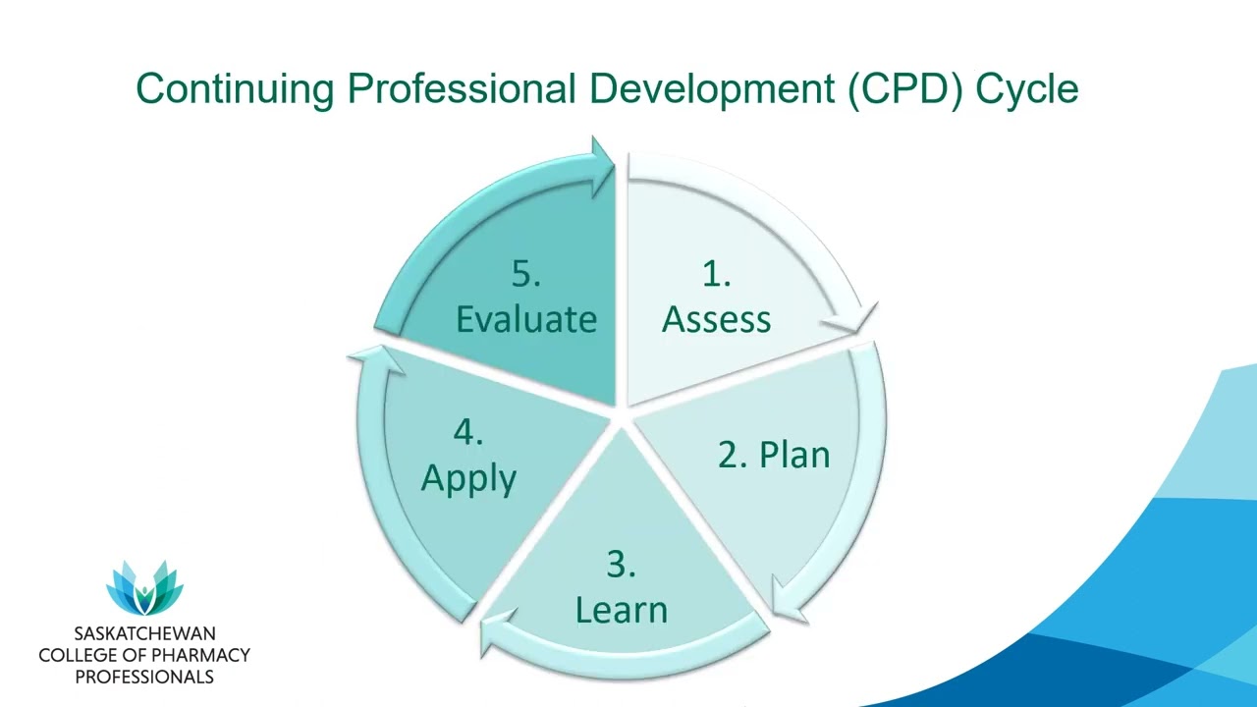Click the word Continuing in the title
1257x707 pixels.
tap(236, 89)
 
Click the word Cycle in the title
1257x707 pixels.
tap(1027, 89)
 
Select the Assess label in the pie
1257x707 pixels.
tap(716, 319)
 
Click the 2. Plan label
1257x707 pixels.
tap(774, 455)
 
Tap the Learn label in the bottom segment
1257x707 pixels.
tap(621, 609)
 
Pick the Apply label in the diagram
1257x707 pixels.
tap(468, 478)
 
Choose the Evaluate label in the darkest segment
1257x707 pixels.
tap(526, 319)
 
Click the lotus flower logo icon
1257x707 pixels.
tap(144, 588)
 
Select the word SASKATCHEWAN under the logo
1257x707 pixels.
tap(144, 633)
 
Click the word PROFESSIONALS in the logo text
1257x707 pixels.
tap(144, 677)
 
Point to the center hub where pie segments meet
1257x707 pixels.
tap(621, 420)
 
